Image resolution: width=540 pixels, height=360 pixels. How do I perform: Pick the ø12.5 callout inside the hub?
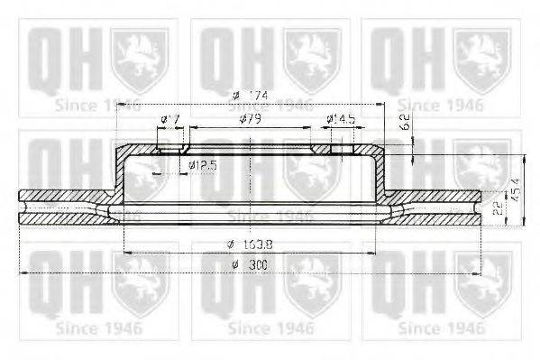pos(204,165)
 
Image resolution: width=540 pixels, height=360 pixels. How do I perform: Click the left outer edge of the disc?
pos(21,207)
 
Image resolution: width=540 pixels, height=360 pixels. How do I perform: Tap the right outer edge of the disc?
pos(478,207)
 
